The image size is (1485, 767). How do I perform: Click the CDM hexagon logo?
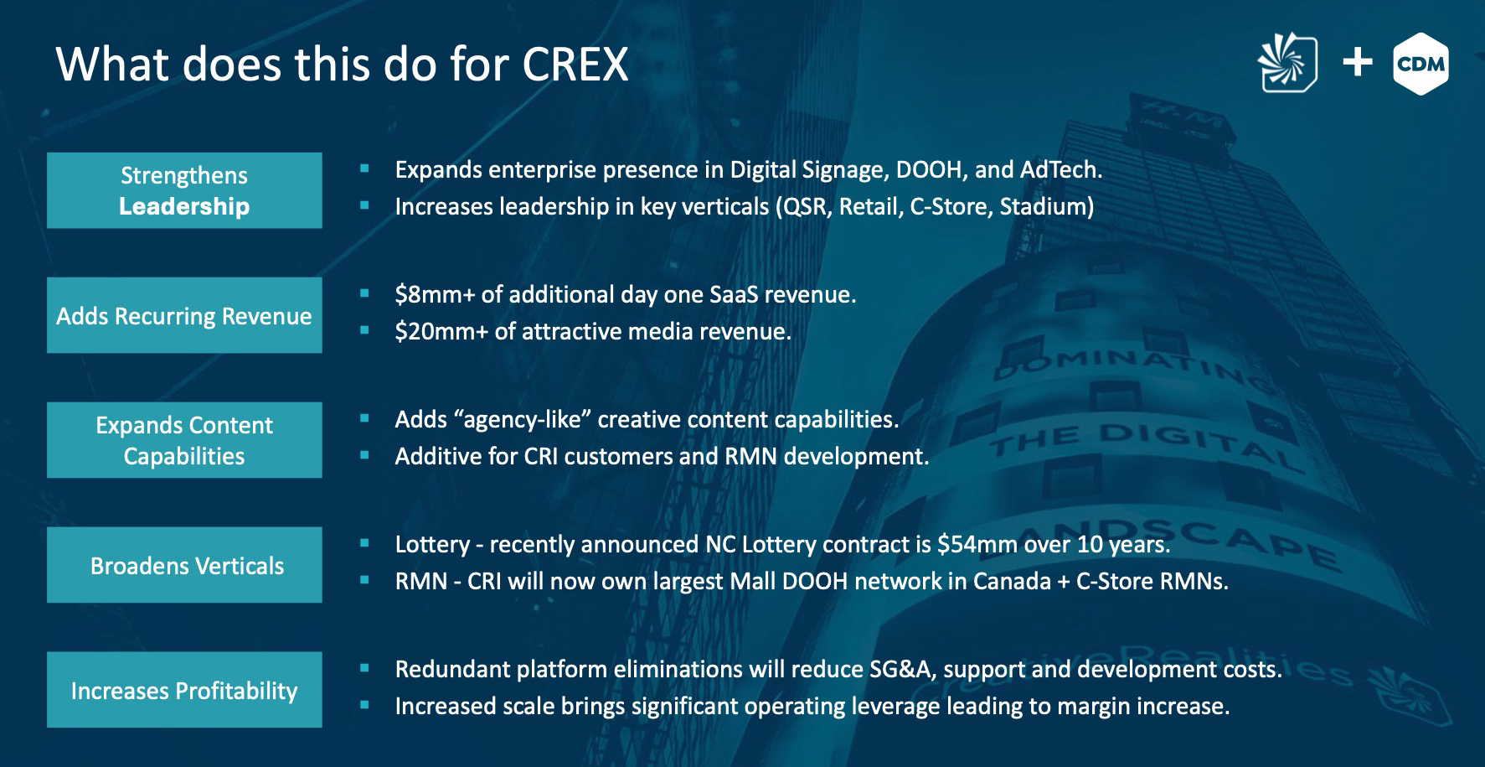pyautogui.click(x=1421, y=64)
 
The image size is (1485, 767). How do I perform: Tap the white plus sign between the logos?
pyautogui.click(x=1358, y=63)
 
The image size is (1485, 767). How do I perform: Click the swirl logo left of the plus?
pyautogui.click(x=1287, y=63)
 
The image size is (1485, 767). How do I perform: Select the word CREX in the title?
pyautogui.click(x=575, y=64)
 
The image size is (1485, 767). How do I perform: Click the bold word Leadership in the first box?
pyautogui.click(x=184, y=206)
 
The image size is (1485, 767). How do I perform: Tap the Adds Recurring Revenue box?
pyautogui.click(x=184, y=315)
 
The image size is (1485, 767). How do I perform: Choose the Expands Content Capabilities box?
pyautogui.click(x=184, y=440)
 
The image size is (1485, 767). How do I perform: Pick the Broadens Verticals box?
pyautogui.click(x=184, y=565)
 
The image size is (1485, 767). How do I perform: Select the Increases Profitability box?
pyautogui.click(x=184, y=690)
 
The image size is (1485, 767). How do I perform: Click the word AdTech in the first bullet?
pyautogui.click(x=1061, y=169)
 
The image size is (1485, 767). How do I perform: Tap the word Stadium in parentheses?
pyautogui.click(x=1047, y=206)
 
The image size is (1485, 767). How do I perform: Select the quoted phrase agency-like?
pyautogui.click(x=488, y=419)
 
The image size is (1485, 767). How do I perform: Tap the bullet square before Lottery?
pyautogui.click(x=364, y=543)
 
